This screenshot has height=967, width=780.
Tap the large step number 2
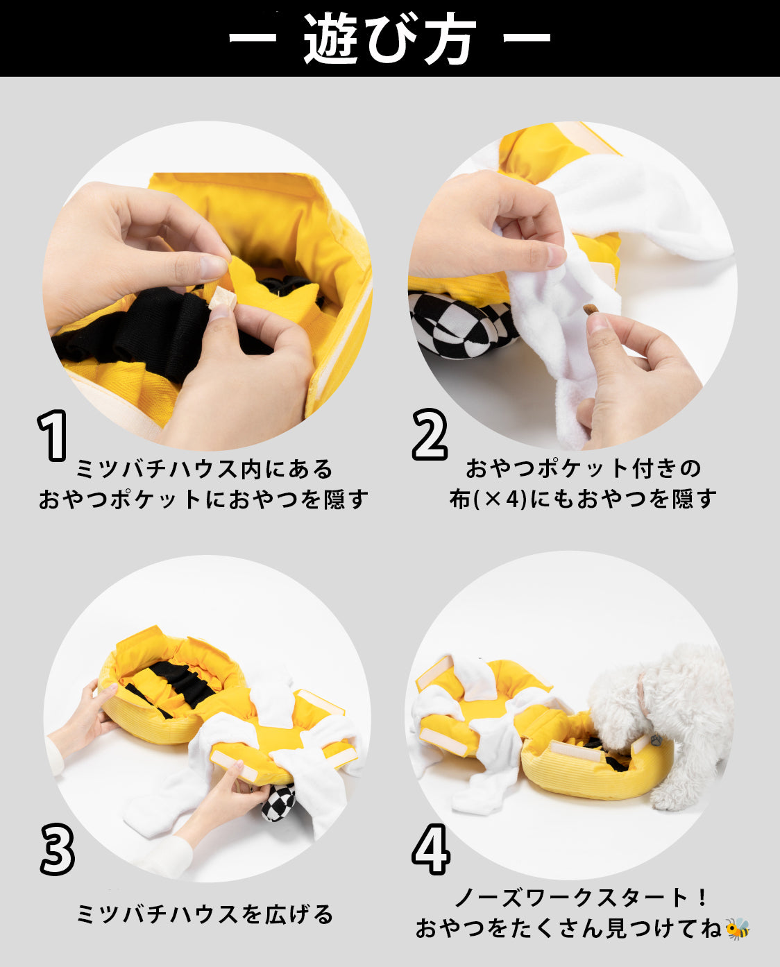coord(430,434)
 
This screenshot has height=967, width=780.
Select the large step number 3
coord(57,849)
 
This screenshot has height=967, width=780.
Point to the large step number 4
coord(431,849)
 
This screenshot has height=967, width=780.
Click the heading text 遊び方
coord(390,39)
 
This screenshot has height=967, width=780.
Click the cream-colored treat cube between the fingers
coord(220,298)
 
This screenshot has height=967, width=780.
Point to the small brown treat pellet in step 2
coord(589,309)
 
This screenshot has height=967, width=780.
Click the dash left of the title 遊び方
coord(252,37)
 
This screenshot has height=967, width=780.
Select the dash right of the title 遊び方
coord(527,37)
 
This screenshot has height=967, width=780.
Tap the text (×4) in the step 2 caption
coord(500,499)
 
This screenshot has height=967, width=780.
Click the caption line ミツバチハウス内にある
coord(205,469)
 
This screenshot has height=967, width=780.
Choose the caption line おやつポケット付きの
coord(583,469)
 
